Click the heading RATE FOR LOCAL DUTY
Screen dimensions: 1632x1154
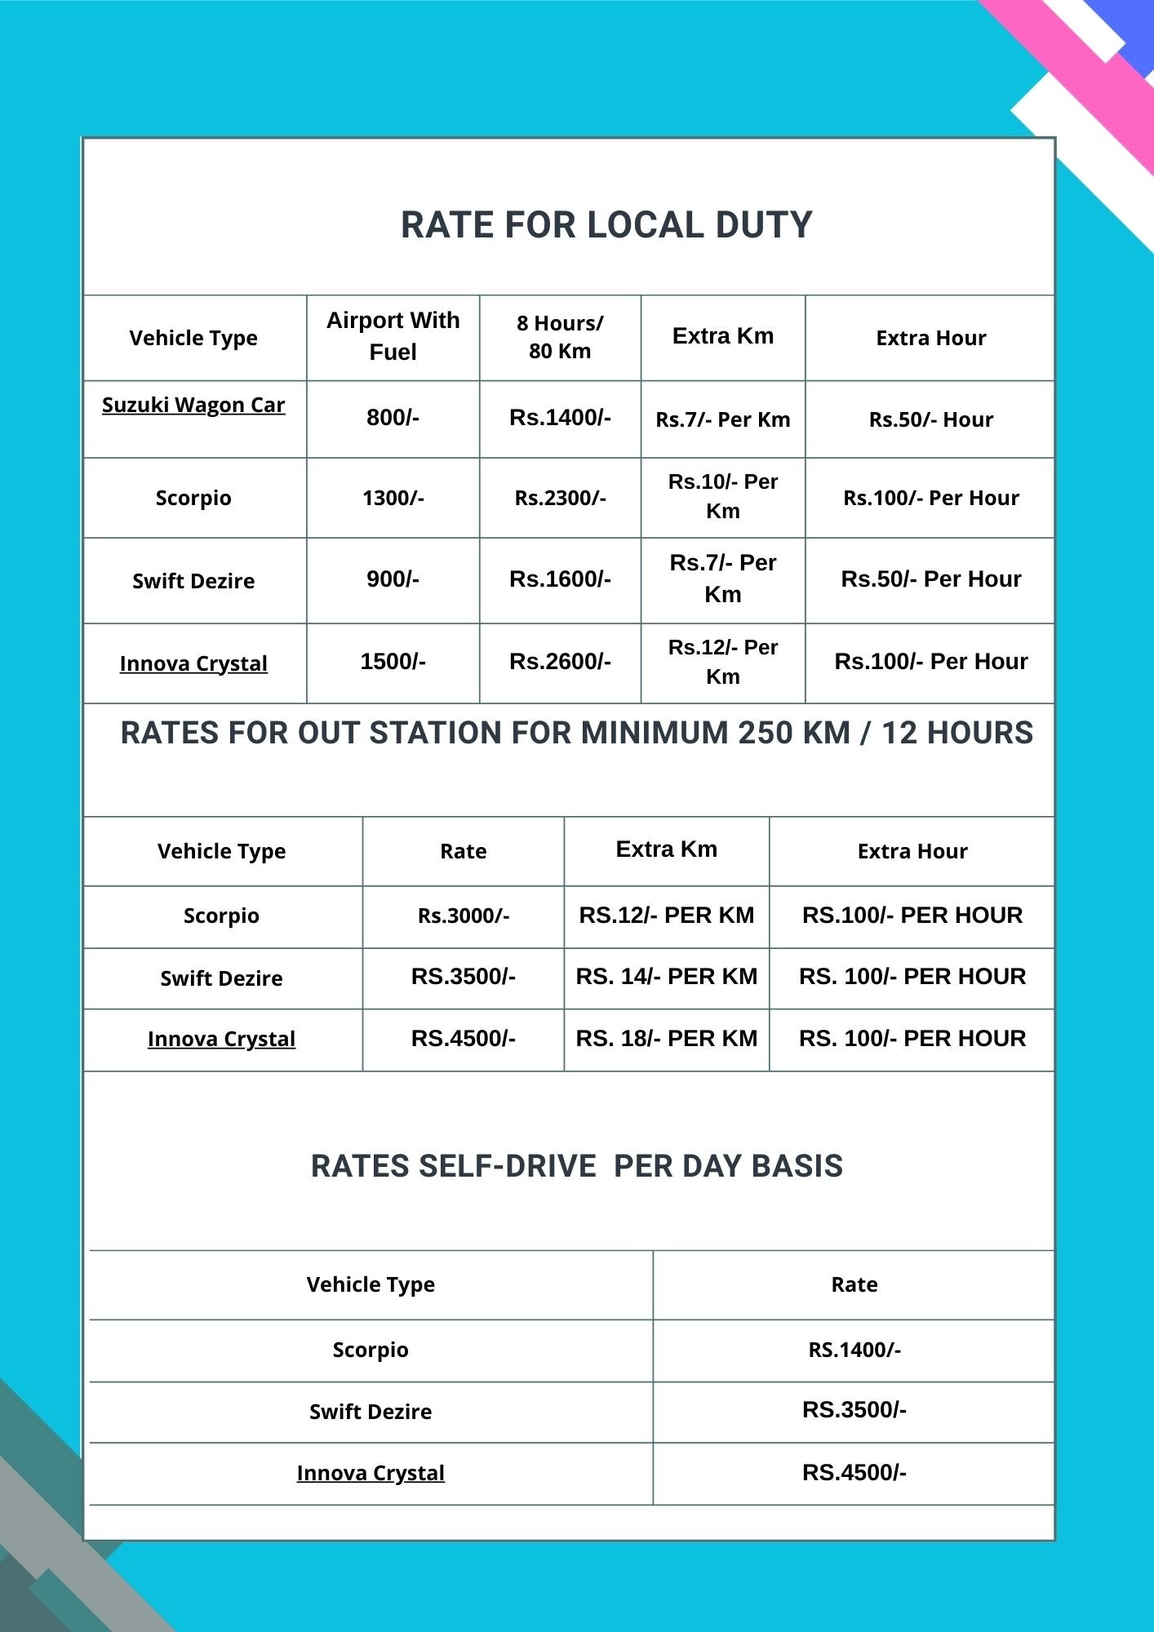pyautogui.click(x=606, y=225)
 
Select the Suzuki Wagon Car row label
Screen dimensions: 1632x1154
pyautogui.click(x=193, y=405)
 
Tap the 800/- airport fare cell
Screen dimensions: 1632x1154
pyautogui.click(x=393, y=418)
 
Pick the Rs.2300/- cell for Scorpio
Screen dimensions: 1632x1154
pyautogui.click(x=560, y=498)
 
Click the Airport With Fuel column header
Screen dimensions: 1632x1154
pyautogui.click(x=393, y=335)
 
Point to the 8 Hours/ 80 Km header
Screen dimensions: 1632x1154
pyautogui.click(x=560, y=336)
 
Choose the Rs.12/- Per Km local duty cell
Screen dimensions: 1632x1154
pyautogui.click(x=722, y=662)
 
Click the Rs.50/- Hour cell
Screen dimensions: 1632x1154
pyautogui.click(x=930, y=419)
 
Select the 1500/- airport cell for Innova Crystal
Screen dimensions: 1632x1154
pyautogui.click(x=393, y=661)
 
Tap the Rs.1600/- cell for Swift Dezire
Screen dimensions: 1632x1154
pyautogui.click(x=560, y=579)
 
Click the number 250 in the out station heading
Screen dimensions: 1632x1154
pyautogui.click(x=765, y=733)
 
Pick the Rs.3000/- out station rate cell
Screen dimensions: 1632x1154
pyautogui.click(x=463, y=916)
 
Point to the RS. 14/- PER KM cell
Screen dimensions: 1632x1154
pyautogui.click(x=666, y=976)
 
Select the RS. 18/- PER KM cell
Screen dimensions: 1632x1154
pyautogui.click(x=666, y=1038)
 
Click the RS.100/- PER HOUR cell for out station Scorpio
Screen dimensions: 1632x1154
pyautogui.click(x=912, y=915)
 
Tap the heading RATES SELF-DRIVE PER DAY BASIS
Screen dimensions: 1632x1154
pyautogui.click(x=576, y=1166)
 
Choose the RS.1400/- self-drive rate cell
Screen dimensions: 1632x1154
pyautogui.click(x=854, y=1350)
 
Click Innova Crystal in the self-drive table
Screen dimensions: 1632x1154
pyautogui.click(x=371, y=1473)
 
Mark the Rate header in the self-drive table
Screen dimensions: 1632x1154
pyautogui.click(x=854, y=1284)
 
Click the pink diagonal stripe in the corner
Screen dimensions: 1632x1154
pyautogui.click(x=1085, y=73)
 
